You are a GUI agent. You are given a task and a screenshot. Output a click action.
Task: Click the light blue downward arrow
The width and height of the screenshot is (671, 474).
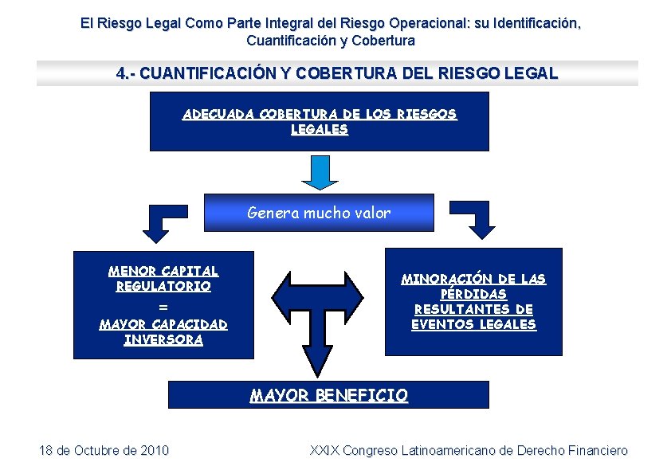(320, 170)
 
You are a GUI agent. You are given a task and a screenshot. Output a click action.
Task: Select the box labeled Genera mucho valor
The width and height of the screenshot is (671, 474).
(319, 213)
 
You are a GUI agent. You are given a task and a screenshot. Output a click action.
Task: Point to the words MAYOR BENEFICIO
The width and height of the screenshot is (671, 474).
(328, 395)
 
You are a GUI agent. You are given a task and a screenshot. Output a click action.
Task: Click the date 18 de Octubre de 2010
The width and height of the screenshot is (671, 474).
(104, 451)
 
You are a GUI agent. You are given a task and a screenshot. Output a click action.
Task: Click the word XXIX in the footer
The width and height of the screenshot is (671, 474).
(324, 451)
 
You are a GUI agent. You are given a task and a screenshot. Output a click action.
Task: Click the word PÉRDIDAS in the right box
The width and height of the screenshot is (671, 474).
(473, 294)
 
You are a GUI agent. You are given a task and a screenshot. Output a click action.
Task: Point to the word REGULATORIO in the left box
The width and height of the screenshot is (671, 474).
(163, 286)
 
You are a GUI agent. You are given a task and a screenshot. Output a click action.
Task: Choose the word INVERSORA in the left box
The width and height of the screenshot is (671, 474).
(163, 340)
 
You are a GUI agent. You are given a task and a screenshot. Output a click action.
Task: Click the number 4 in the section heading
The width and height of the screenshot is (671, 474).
(120, 74)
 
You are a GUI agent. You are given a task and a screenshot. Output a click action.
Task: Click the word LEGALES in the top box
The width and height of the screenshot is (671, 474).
(320, 129)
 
